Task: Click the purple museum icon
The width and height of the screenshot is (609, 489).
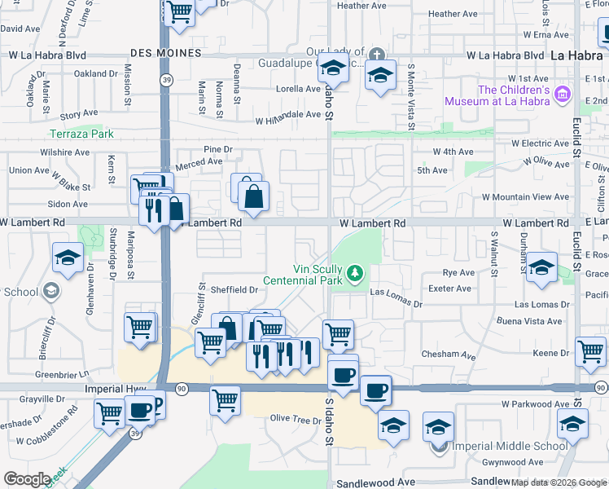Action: pyautogui.click(x=560, y=95)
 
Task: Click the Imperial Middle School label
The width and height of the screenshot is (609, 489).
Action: pyautogui.click(x=510, y=446)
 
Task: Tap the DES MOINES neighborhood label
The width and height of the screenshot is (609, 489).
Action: pyautogui.click(x=165, y=53)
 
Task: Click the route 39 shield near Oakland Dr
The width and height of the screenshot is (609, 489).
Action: pyautogui.click(x=166, y=80)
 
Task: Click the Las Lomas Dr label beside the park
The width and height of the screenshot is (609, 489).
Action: pyautogui.click(x=397, y=292)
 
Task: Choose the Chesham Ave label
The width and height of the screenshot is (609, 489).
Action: pyautogui.click(x=449, y=355)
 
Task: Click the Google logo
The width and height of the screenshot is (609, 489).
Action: pyautogui.click(x=27, y=479)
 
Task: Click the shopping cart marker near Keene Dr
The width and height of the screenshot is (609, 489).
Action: pyautogui.click(x=590, y=352)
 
